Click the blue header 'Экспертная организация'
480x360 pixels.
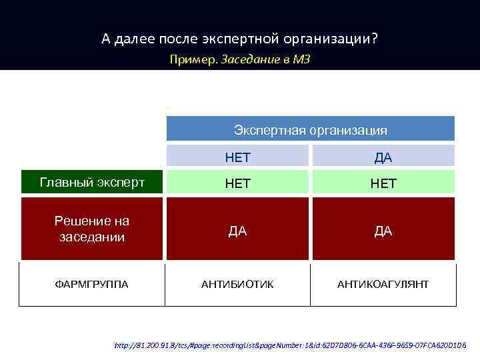pos(310,129)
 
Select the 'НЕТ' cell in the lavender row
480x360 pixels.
pos(238,157)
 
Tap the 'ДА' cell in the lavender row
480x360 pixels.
pos(383,157)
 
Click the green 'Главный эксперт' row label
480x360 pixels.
pos(92,182)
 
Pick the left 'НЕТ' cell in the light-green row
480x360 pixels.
pos(238,183)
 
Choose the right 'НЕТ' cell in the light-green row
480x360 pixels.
pos(383,183)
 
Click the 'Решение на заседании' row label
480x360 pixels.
pos(92,229)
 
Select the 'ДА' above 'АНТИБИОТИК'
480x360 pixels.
pos(238,231)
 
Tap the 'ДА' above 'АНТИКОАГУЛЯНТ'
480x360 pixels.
pos(383,231)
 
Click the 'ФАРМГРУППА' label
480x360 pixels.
pos(92,285)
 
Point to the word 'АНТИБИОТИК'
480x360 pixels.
pos(238,285)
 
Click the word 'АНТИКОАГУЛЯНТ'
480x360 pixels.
pos(383,285)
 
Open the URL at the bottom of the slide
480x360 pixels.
pos(290,346)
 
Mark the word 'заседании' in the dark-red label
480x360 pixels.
pos(92,237)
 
